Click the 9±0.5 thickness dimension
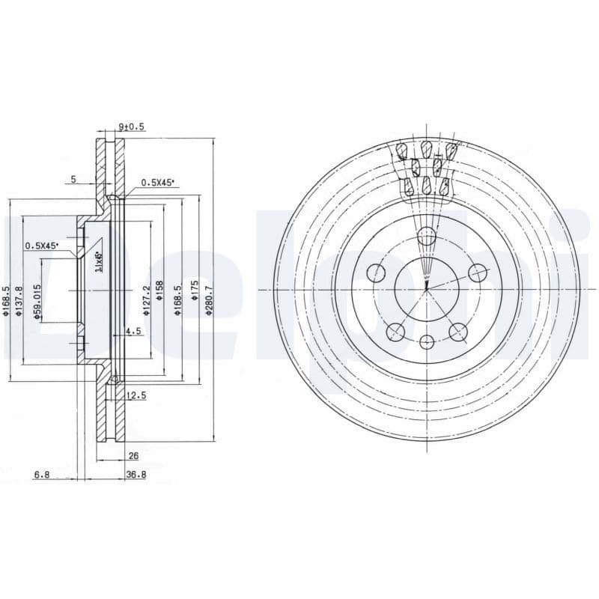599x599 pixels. [x=131, y=127]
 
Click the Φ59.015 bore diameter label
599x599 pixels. [x=36, y=302]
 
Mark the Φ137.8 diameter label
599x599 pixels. [x=20, y=300]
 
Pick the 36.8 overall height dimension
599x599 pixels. [x=136, y=474]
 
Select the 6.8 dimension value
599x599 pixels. [x=41, y=474]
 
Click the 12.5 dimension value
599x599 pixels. [x=136, y=395]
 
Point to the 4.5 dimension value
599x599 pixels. [x=133, y=330]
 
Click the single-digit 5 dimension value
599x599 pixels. [x=73, y=179]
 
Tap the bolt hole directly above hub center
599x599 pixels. [x=426, y=237]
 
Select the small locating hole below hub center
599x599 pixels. [x=427, y=342]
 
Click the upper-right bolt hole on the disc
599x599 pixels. [x=476, y=273]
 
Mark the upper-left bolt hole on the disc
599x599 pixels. [x=376, y=272]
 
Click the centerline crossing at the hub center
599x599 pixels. [x=427, y=289]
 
